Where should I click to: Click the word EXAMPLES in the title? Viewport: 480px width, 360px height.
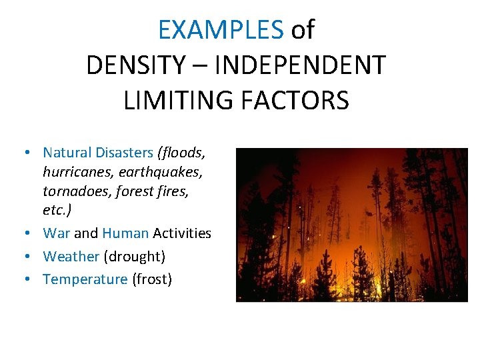[x=221, y=30]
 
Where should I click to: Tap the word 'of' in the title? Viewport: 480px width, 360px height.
[x=303, y=30]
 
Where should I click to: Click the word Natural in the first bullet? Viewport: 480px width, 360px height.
[x=65, y=153]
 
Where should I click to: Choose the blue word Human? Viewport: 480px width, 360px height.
[x=125, y=233]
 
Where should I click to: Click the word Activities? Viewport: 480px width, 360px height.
[x=182, y=233]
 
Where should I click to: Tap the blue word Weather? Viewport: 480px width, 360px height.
[x=71, y=256]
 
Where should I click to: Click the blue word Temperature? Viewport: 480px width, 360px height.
[x=85, y=279]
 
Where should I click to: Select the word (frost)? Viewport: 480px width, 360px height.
[x=152, y=279]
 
